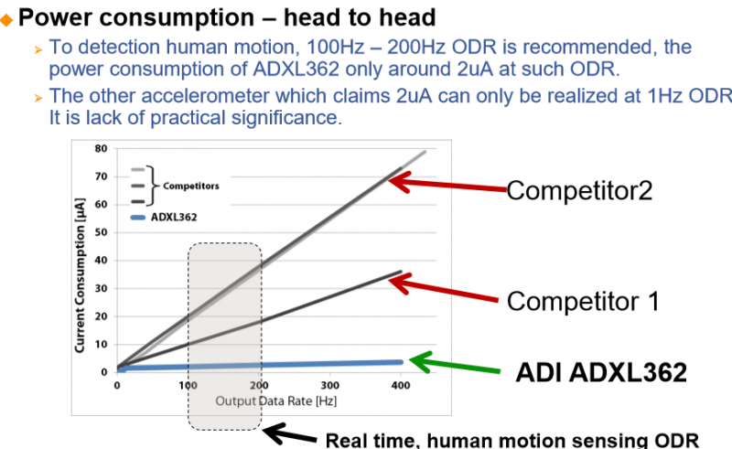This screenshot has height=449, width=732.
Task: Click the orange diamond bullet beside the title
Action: (x=6, y=20)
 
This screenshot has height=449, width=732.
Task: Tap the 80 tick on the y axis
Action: (x=102, y=148)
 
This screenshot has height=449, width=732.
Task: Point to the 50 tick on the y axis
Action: (x=102, y=232)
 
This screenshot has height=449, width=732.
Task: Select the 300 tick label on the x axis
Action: (x=330, y=386)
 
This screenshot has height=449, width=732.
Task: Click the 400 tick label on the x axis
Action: (x=401, y=386)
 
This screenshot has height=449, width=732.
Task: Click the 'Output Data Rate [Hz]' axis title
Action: (x=276, y=401)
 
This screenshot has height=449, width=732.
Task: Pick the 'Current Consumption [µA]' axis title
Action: (x=80, y=275)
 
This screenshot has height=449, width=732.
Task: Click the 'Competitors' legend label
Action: (x=191, y=186)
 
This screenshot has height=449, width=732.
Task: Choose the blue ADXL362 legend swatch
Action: (x=138, y=217)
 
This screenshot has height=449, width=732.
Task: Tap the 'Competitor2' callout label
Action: (x=579, y=190)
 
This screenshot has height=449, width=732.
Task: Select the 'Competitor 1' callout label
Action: (x=583, y=301)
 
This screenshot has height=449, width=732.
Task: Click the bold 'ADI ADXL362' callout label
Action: (x=601, y=372)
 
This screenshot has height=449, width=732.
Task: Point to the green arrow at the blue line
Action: (x=455, y=365)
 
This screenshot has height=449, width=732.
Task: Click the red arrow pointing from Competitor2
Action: (x=447, y=184)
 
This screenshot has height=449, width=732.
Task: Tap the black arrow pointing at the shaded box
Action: (x=290, y=434)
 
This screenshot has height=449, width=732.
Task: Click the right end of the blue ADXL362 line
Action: (x=401, y=362)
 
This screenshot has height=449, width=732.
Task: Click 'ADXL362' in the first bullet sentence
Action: (x=296, y=69)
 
